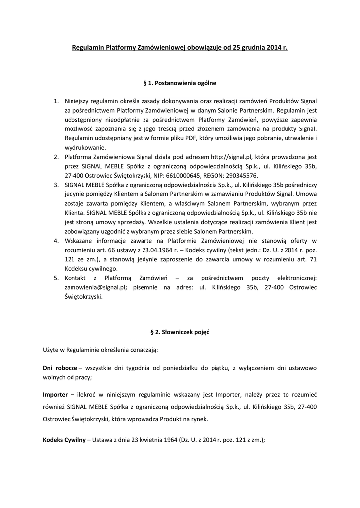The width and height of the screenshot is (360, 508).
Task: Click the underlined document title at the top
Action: coord(180,48)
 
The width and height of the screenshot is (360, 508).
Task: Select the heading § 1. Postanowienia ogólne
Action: coord(180,83)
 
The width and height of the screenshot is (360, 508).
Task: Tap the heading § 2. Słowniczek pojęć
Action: coord(180,332)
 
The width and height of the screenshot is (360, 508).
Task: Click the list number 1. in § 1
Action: coord(56,101)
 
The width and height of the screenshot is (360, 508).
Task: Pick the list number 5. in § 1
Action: coord(56,278)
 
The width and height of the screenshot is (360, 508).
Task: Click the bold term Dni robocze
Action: coord(60,368)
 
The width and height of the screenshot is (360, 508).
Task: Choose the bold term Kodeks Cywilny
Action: coord(64,440)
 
